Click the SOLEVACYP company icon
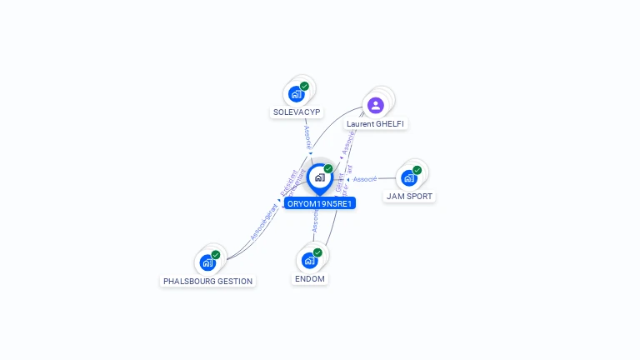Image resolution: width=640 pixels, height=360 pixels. tap(296, 94)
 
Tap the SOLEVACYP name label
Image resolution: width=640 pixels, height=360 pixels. tap(297, 112)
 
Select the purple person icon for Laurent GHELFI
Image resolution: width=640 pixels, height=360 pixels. tap(375, 105)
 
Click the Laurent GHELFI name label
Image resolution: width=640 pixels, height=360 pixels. tap(377, 123)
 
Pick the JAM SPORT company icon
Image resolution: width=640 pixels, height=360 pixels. tap(408, 177)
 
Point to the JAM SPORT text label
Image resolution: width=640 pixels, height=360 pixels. tap(409, 197)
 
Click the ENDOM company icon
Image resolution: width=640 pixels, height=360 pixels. tap(309, 260)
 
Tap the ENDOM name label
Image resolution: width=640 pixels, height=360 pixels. tap(309, 278)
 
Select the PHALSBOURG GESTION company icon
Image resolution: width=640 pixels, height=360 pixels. tap(207, 262)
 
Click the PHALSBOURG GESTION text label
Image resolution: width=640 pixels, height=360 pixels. tap(207, 281)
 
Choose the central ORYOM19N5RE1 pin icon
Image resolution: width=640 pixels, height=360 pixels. tap(319, 177)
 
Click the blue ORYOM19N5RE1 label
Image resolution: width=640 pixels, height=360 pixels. tap(320, 203)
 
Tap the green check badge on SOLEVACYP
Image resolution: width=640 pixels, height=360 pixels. tap(305, 86)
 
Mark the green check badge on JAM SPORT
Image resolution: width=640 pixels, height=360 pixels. tap(417, 170)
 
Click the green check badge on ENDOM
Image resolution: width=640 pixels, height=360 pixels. tap(317, 252)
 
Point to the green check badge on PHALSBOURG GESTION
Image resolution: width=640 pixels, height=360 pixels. tap(216, 255)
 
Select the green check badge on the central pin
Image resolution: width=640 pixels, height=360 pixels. tap(328, 169)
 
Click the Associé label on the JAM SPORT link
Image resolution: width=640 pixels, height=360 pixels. tap(365, 179)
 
